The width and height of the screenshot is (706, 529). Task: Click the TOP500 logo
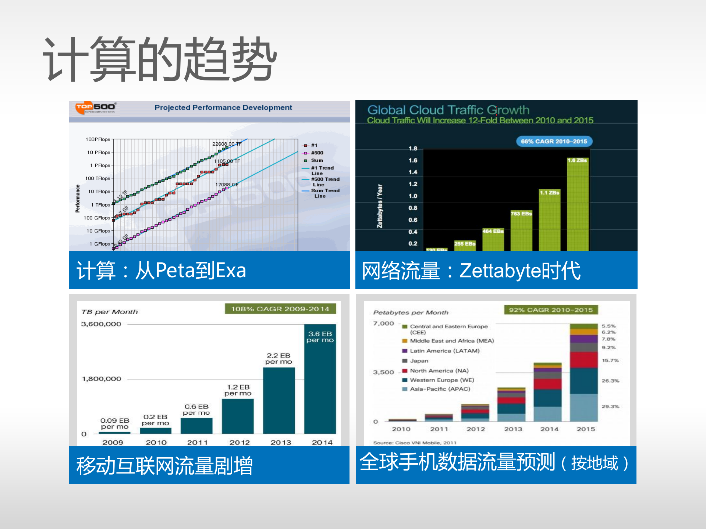coord(95,107)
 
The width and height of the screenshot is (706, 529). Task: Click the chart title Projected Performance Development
coord(223,108)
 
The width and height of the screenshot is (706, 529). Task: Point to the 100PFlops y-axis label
coord(98,139)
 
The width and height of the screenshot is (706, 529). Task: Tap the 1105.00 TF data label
coord(227,161)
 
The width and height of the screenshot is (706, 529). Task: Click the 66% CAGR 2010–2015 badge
coord(554,142)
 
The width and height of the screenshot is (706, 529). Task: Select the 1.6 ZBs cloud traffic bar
coord(577,206)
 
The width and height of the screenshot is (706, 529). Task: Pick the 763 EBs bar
coord(521,232)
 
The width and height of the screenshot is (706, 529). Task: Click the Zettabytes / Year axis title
coord(380,206)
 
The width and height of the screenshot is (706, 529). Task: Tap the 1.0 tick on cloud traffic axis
coord(413,196)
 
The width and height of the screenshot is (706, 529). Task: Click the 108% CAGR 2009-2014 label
coord(280,309)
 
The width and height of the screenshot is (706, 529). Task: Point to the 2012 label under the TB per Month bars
coord(240,443)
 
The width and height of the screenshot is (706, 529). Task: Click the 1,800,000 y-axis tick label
coord(102,379)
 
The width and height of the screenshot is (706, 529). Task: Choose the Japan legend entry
coord(419,361)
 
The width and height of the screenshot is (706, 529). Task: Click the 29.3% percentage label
coord(610,407)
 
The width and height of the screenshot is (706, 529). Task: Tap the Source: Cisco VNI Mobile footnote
coord(415,443)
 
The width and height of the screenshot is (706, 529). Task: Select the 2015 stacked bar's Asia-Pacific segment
coord(583,407)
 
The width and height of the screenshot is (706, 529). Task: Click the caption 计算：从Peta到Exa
coord(161,271)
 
